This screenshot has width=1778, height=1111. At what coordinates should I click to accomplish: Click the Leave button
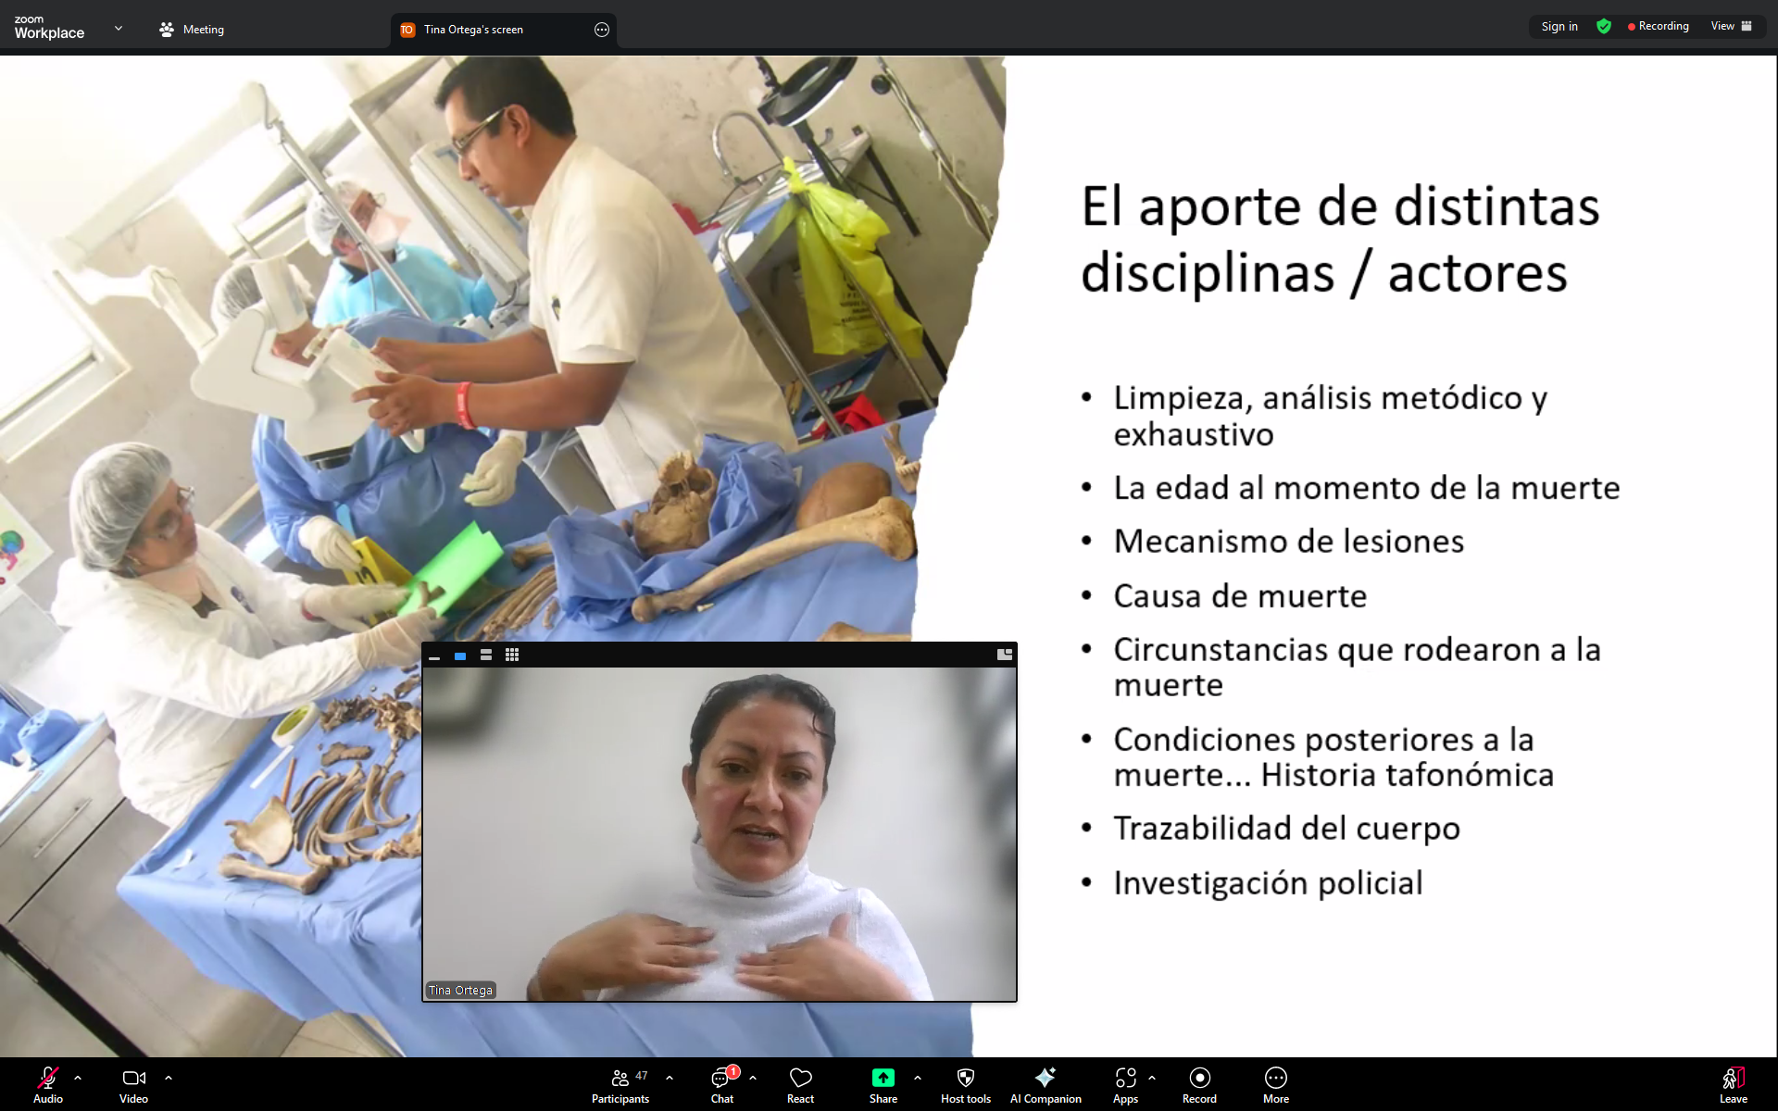point(1734,1084)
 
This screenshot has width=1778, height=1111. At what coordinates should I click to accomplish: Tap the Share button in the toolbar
point(883,1084)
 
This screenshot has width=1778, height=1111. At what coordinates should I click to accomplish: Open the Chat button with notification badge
point(722,1084)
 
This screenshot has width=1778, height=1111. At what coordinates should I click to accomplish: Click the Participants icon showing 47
point(620,1084)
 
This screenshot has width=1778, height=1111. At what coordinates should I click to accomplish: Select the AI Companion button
point(1046,1084)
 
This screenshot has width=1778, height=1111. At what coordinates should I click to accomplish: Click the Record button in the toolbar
point(1199,1084)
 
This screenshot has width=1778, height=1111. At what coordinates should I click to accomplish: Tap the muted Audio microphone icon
point(48,1078)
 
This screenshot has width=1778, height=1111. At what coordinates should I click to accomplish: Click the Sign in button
point(1559,27)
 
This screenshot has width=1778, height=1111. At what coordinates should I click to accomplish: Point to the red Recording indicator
point(1658,27)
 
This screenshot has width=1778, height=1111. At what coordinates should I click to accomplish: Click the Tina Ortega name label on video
point(460,990)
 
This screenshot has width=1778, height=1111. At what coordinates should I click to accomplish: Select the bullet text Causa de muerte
point(1240,595)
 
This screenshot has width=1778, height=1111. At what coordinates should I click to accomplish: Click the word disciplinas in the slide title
point(1208,274)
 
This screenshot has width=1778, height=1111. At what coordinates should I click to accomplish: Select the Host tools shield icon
point(966,1078)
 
